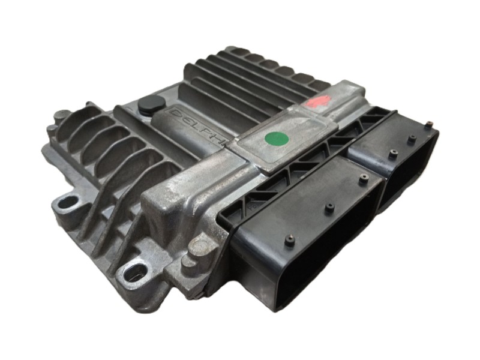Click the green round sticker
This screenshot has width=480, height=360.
pos(277,140)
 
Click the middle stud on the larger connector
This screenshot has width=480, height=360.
pos(329,208)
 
